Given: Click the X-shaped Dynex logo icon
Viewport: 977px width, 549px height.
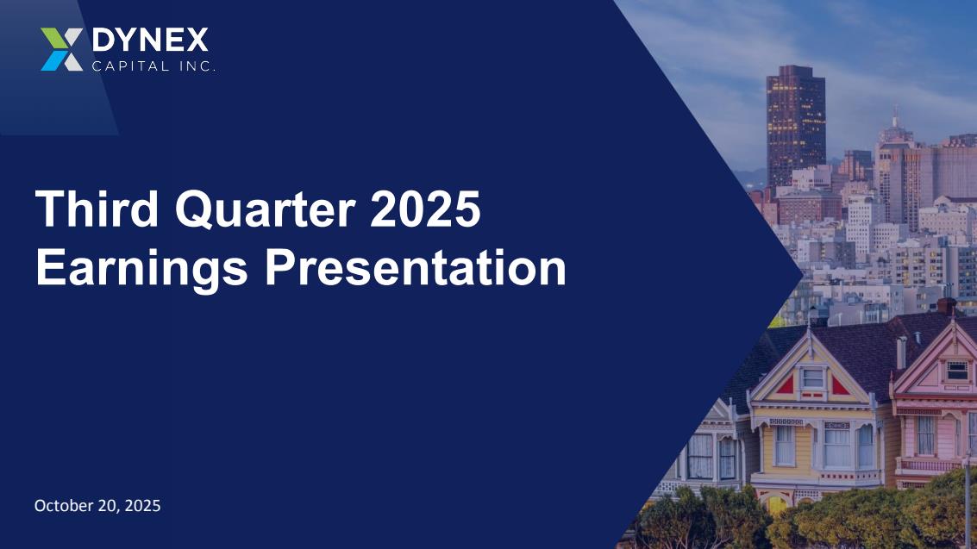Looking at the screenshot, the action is point(62,49).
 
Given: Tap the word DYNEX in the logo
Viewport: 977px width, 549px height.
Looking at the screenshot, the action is point(150,41).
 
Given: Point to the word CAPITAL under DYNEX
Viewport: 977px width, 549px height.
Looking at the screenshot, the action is point(130,66).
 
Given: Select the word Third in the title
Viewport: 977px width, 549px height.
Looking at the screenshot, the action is point(97,209).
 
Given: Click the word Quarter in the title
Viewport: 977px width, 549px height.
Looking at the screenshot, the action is point(266,209).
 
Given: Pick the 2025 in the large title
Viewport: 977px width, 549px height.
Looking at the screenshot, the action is point(426,209).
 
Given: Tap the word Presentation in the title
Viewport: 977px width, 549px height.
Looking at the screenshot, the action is point(416,268).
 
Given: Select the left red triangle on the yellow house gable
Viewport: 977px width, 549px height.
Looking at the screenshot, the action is point(786,386).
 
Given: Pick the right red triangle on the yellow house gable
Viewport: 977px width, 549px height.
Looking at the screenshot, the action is point(840,386).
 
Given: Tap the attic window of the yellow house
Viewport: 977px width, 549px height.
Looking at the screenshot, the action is point(812,377).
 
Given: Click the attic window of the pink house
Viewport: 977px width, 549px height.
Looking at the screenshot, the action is point(957,371).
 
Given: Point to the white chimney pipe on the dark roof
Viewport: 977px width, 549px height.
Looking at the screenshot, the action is point(901,353).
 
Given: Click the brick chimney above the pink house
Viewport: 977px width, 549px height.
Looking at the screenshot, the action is point(947,306).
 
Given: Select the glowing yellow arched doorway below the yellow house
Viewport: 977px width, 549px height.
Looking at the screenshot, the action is point(777,503).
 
